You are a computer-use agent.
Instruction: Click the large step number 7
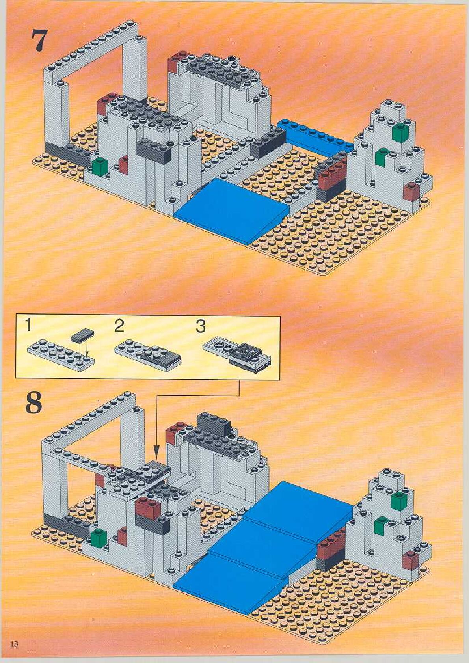(x=39, y=41)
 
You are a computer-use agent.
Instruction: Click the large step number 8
(x=34, y=402)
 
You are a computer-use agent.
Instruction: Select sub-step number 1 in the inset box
(x=28, y=326)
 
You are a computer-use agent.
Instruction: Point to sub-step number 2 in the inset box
(x=119, y=326)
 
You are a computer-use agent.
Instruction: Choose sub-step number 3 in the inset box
(x=200, y=326)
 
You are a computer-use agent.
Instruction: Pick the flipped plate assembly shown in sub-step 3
(x=237, y=357)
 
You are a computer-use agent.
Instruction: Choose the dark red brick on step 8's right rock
(x=410, y=561)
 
